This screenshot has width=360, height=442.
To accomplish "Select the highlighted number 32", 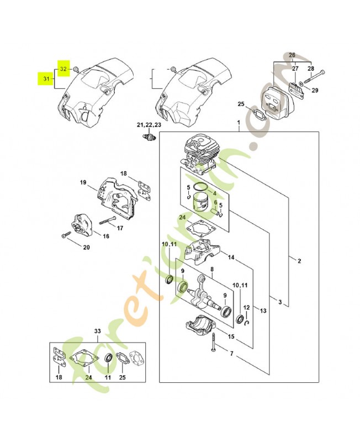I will pyautogui.click(x=63, y=69).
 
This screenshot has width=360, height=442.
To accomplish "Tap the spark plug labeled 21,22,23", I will pyautogui.click(x=148, y=136).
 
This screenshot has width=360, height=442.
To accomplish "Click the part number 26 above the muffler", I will pyautogui.click(x=292, y=55).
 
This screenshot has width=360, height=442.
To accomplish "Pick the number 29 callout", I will pyautogui.click(x=314, y=90).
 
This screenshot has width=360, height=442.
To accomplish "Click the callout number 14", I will pyautogui.click(x=231, y=257).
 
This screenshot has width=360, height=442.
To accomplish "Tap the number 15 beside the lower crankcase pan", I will pyautogui.click(x=231, y=336).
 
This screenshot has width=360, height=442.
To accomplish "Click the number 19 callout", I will pyautogui.click(x=83, y=182).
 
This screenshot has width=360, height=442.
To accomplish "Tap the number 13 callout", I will pyautogui.click(x=263, y=311).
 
